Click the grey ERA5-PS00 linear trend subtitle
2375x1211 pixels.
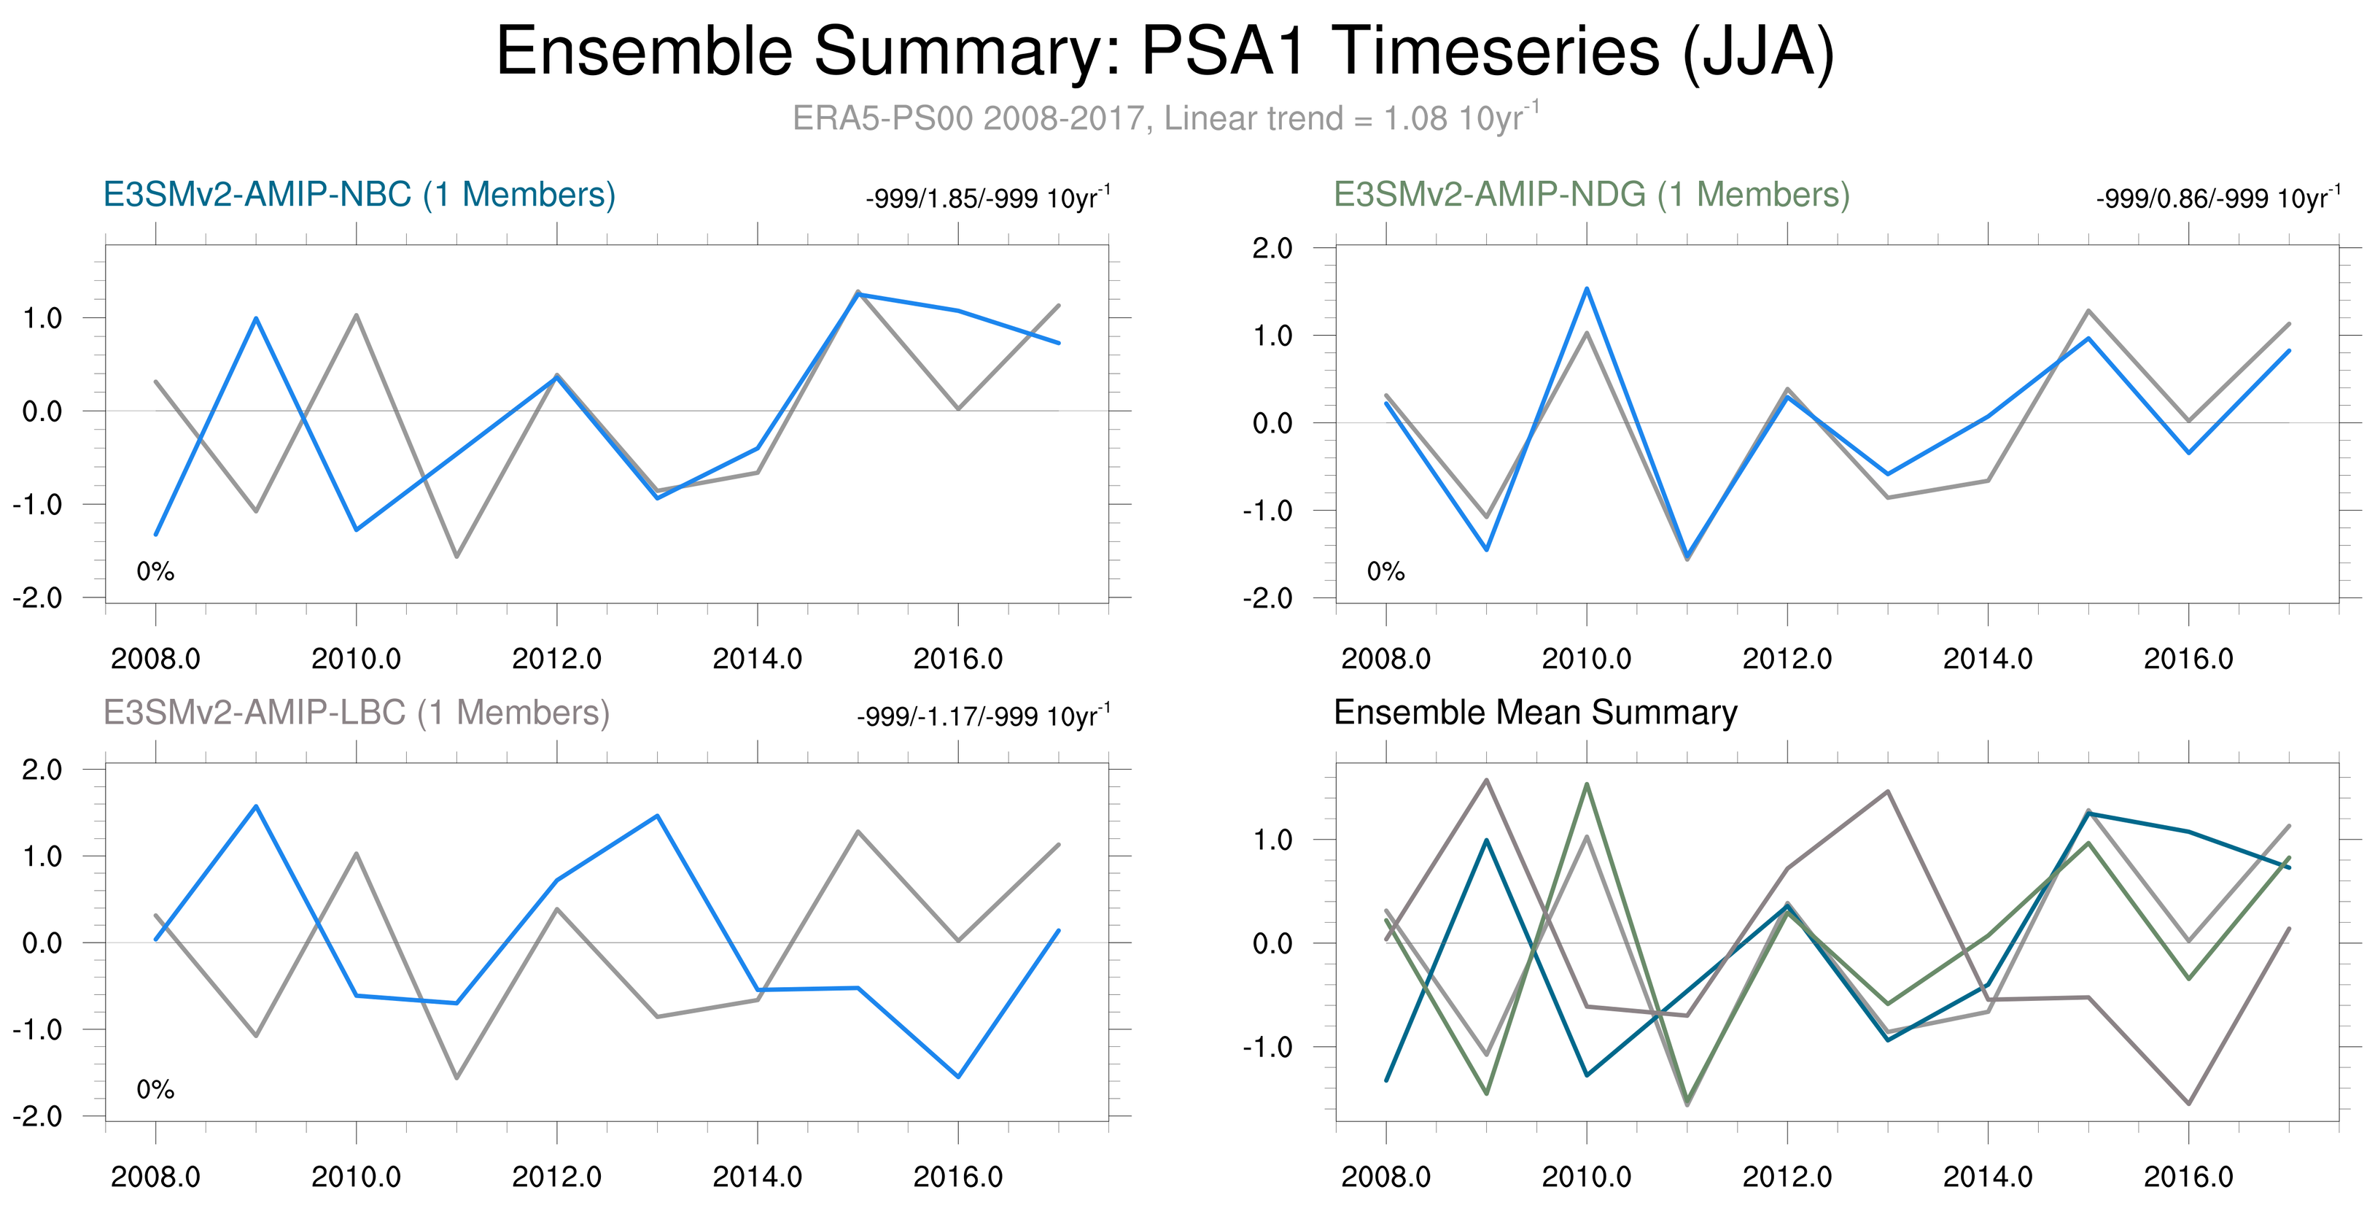(1165, 118)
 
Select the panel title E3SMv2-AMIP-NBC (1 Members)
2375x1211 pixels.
(359, 195)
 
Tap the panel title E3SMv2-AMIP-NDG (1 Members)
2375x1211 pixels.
(1591, 195)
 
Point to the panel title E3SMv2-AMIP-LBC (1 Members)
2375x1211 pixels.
(356, 713)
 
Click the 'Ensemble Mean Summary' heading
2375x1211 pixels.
(1535, 713)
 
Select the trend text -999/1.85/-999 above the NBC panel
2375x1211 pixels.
(987, 198)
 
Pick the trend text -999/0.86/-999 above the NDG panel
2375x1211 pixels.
(2217, 198)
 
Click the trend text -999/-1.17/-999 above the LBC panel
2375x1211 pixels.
(984, 716)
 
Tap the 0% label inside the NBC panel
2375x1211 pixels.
(155, 572)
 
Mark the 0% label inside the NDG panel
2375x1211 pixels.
(1385, 572)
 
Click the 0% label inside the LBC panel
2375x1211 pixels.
(155, 1090)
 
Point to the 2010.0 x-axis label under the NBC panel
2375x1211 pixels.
(356, 659)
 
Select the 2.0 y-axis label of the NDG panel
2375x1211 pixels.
(1272, 248)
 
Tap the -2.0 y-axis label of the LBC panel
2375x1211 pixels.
(37, 1117)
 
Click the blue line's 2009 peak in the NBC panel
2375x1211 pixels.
(255, 318)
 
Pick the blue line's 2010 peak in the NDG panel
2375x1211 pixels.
(1587, 289)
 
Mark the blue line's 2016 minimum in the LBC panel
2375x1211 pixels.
(959, 1076)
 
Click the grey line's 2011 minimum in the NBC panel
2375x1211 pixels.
(456, 556)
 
